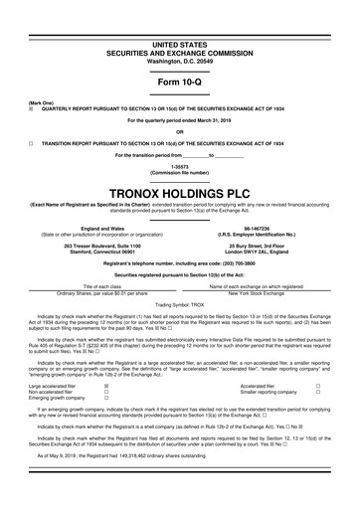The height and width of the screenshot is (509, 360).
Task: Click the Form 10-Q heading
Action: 180,53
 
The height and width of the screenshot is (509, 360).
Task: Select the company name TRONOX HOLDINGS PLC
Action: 180,188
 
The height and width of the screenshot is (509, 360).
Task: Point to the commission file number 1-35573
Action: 180,163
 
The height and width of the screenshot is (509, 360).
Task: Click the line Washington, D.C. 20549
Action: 180,34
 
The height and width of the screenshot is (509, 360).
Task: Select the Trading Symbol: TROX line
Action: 180,303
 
